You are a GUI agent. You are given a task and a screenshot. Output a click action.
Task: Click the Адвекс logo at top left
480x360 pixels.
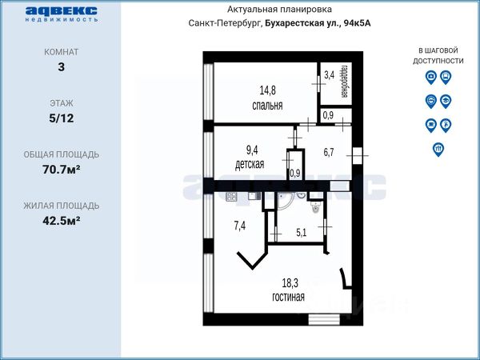(62, 14)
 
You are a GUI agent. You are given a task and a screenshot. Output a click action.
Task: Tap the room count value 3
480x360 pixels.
(62, 66)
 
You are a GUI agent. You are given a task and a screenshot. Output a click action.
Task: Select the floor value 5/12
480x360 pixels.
(62, 118)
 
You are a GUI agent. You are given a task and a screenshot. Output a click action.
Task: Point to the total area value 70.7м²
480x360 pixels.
(62, 170)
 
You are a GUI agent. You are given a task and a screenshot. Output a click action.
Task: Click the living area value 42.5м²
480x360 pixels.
(62, 221)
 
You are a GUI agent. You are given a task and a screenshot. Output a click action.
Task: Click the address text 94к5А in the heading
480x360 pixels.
(358, 23)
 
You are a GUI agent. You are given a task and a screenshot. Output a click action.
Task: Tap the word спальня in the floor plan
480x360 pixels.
(267, 106)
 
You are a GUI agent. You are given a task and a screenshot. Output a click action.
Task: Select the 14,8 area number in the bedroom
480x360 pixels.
(267, 90)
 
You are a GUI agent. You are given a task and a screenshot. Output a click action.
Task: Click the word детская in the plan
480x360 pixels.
(250, 164)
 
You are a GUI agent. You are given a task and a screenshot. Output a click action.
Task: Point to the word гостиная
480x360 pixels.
(288, 297)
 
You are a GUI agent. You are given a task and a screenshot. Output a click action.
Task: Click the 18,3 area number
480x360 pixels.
(290, 283)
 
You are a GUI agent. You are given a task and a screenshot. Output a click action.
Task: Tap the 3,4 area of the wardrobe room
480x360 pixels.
(329, 75)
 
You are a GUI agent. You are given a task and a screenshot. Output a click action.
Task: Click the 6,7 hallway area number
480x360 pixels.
(329, 152)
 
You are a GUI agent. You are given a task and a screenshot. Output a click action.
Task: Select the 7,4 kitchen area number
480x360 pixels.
(240, 226)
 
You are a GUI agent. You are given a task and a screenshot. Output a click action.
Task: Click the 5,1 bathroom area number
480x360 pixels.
(302, 233)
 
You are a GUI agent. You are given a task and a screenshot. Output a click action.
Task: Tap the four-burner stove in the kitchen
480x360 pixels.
(231, 197)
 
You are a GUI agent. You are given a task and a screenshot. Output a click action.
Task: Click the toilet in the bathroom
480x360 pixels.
(315, 206)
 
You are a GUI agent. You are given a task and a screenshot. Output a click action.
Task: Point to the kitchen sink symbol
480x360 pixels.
(254, 196)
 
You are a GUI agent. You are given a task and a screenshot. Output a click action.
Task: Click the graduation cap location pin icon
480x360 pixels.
(446, 102)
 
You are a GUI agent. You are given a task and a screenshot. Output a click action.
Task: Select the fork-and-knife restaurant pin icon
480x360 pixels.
(438, 150)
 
